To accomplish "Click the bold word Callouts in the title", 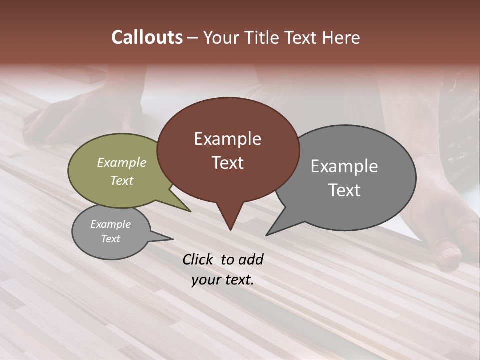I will (147, 37).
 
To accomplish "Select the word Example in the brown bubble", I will (227, 139).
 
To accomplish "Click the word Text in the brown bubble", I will (227, 162).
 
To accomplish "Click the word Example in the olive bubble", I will (122, 162).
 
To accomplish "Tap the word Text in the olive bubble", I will (122, 180).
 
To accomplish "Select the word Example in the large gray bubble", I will (344, 166).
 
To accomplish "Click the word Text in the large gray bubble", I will (344, 190).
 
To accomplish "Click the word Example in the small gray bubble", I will (110, 224).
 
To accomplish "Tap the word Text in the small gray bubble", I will (110, 239).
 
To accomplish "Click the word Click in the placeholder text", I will (198, 259).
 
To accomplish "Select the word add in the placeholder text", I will (251, 259).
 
